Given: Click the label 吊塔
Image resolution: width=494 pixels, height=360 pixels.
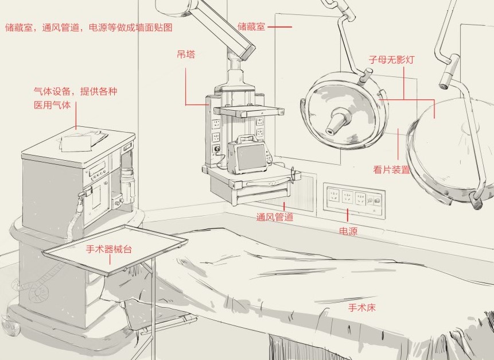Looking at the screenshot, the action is (x=186, y=55).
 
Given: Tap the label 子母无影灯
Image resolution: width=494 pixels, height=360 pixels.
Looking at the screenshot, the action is (x=391, y=60).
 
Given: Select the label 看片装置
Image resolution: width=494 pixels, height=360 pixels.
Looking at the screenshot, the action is (x=391, y=169).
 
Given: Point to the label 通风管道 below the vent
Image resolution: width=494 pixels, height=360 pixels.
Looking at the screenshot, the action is (x=275, y=217).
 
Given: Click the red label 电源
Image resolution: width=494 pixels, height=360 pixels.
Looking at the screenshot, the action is (x=348, y=231).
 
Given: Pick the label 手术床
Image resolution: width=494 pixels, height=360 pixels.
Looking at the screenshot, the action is (x=362, y=307).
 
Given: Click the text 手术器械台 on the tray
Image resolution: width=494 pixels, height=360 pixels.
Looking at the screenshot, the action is (x=108, y=249).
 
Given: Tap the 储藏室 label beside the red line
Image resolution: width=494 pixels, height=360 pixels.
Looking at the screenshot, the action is (x=251, y=26).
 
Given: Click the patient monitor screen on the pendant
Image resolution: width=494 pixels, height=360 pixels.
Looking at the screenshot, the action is (x=251, y=157).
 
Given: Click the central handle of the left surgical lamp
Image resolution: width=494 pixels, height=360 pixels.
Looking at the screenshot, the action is (x=338, y=121).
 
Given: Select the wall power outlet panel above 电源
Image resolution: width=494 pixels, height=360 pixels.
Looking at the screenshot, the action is (x=354, y=200).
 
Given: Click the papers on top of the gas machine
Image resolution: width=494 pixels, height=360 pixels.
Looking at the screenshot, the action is (x=82, y=141).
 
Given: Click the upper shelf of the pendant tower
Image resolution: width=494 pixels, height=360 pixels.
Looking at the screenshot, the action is (x=249, y=111).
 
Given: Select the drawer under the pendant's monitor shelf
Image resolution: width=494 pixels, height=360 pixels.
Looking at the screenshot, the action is (x=262, y=193).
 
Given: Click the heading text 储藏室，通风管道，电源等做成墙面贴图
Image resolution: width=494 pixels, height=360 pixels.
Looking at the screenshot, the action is (x=89, y=28).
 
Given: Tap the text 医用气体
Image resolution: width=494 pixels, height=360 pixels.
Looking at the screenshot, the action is (x=52, y=105).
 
